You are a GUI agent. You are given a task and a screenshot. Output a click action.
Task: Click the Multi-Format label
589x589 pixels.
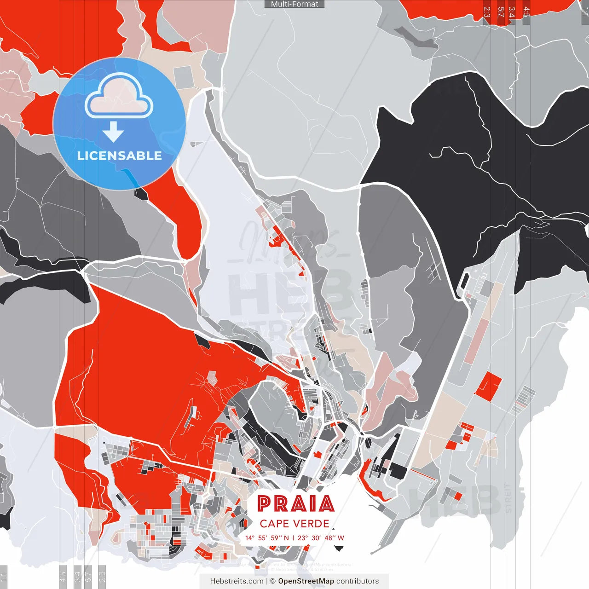tap(294, 4)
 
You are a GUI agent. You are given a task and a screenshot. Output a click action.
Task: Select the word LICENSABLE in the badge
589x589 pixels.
tap(119, 156)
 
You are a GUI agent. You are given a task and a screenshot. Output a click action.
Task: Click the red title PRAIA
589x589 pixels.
tap(295, 504)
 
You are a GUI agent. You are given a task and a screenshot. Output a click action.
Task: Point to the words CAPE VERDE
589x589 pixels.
tap(294, 524)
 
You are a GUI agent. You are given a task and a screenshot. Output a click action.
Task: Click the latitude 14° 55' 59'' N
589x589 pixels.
tap(267, 538)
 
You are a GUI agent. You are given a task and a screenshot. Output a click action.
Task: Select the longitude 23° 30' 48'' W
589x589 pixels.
tap(321, 538)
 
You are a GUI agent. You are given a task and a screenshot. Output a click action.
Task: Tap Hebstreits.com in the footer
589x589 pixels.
tap(237, 581)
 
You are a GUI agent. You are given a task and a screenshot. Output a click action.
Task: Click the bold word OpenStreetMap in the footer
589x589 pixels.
tap(306, 581)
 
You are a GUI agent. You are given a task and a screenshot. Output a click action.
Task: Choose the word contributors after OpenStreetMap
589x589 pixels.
tap(358, 581)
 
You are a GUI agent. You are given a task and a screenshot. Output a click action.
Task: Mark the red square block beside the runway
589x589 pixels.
tap(489, 386)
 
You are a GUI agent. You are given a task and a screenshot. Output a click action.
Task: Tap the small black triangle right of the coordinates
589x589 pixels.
tap(339, 548)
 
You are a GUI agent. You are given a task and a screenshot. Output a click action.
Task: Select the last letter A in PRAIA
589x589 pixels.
tap(327, 504)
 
